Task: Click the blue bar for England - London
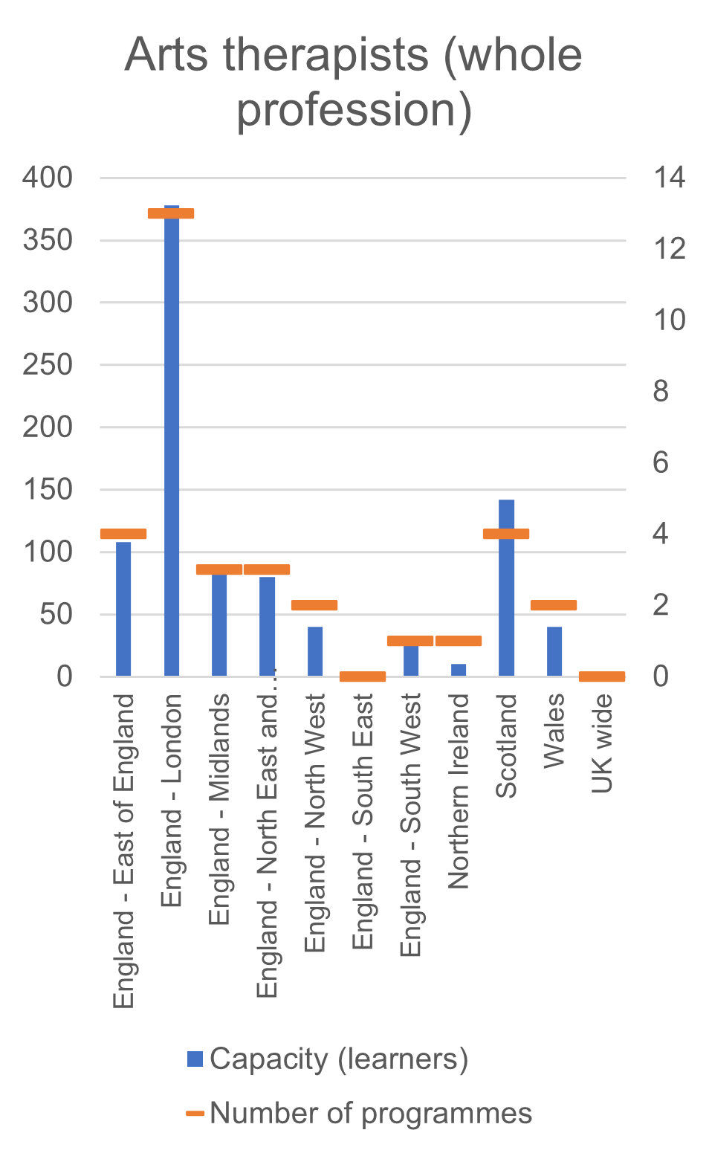[172, 446]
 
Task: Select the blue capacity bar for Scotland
[506, 595]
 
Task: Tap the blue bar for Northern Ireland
[459, 669]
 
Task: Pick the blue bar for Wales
[554, 651]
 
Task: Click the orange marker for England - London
[171, 213]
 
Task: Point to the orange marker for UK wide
[602, 676]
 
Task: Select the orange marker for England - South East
[363, 676]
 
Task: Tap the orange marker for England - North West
[314, 604]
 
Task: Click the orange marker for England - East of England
[123, 534]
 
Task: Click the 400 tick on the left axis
[48, 178]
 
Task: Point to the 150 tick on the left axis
[48, 489]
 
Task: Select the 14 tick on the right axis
[669, 178]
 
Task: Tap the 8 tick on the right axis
[661, 391]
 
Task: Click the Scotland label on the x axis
[506, 746]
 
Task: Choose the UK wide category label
[602, 743]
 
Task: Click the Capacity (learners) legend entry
[338, 1059]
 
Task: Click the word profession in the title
[354, 110]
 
